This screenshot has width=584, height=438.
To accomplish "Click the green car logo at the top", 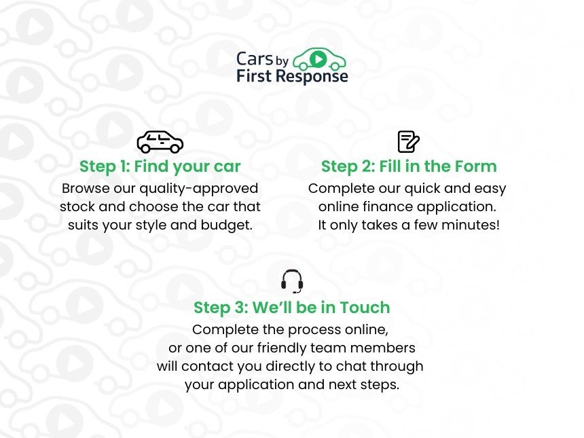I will click(319, 59).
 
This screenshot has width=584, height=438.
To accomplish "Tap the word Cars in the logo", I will click(253, 58).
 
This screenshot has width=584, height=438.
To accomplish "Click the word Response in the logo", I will click(316, 76).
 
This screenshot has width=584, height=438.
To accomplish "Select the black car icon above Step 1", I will click(160, 141).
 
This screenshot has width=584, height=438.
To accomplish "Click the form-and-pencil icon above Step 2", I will click(408, 142).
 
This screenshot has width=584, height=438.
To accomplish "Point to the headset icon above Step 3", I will click(292, 281).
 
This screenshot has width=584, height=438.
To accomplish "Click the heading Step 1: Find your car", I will click(160, 166).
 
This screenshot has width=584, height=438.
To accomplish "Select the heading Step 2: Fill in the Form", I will click(409, 166).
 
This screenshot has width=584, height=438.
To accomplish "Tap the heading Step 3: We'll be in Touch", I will click(292, 308).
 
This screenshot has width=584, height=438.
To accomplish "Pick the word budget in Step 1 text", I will click(227, 225).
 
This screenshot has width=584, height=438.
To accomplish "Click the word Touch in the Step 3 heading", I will click(365, 308).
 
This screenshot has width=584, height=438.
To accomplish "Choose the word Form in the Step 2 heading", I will click(477, 166).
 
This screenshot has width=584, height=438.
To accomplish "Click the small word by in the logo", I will click(282, 60).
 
